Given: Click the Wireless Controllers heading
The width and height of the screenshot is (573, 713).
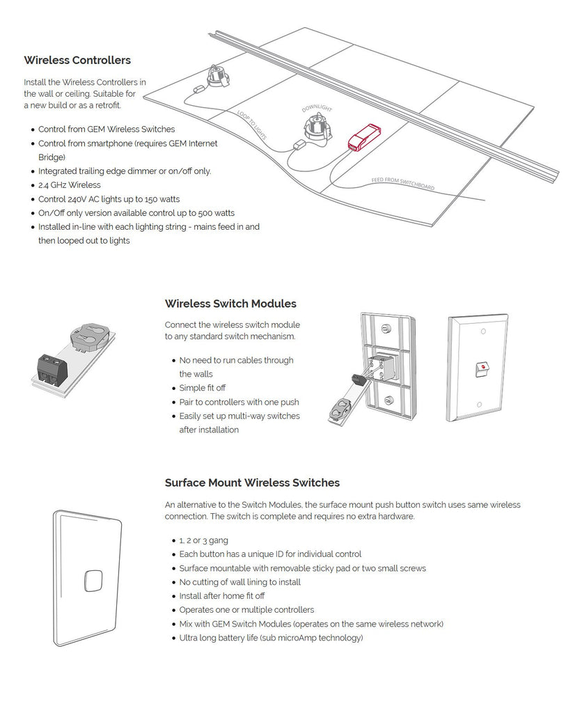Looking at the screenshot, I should (x=77, y=61).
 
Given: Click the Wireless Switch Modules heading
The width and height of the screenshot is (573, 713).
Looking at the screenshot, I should (x=230, y=304).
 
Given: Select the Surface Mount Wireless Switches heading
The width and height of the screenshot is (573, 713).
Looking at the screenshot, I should (x=252, y=483).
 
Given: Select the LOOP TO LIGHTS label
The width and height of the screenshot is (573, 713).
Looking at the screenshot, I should (x=251, y=125).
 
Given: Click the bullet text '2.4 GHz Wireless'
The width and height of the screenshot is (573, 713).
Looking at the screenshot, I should (x=69, y=185).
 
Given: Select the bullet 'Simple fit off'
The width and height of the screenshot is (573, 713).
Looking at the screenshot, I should (x=202, y=388).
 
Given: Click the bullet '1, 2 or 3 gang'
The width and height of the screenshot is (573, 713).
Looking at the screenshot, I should (x=203, y=540).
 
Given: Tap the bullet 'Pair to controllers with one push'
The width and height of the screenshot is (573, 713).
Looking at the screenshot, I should (x=239, y=402).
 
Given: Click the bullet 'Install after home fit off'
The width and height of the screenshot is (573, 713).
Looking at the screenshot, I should (x=221, y=596).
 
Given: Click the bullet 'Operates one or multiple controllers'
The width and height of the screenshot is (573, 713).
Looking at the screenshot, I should (x=246, y=610).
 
